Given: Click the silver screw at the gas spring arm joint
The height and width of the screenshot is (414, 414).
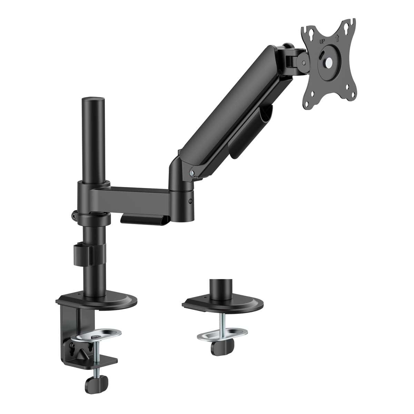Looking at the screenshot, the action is point(191,172).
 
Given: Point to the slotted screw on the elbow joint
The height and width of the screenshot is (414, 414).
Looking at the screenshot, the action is point(190,201).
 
